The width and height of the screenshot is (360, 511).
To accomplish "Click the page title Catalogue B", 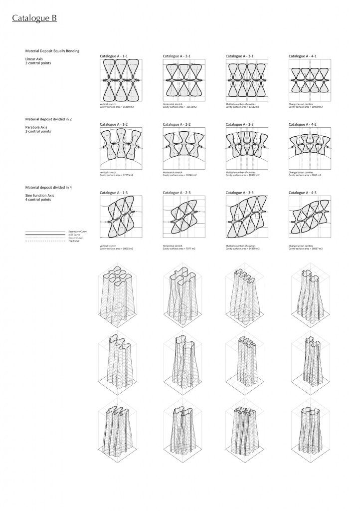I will [x=34, y=18].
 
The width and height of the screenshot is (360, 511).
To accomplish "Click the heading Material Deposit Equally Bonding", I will [x=52, y=51].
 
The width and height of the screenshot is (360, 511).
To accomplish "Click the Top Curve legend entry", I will [x=73, y=241].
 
